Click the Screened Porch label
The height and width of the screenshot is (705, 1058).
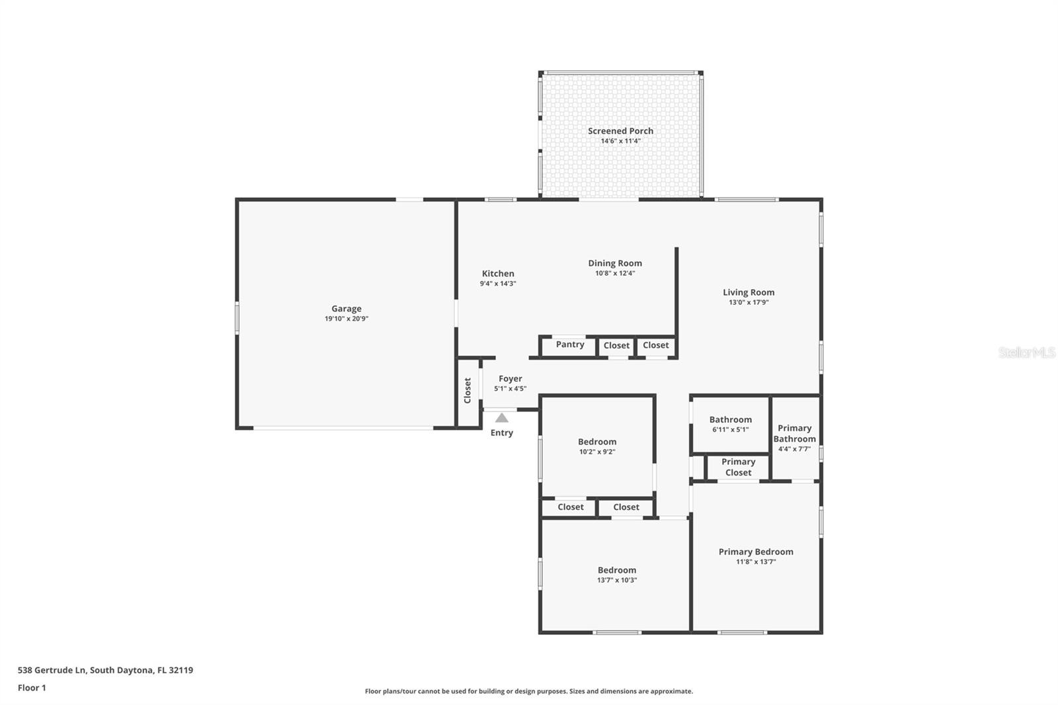tap(620, 131)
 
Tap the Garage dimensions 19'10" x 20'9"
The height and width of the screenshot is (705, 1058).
tap(346, 319)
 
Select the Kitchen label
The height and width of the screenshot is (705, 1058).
tap(498, 274)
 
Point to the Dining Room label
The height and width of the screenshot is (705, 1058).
tap(615, 263)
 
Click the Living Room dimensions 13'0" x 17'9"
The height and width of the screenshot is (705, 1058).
tap(749, 302)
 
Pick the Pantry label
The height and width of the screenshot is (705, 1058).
tap(569, 345)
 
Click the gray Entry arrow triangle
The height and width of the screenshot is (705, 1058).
tap(502, 418)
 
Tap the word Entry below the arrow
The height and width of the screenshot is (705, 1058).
tap(501, 433)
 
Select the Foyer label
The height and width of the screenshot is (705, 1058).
tap(510, 379)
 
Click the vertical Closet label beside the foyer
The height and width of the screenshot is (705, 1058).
tap(468, 390)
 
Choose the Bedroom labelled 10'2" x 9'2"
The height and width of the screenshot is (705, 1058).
tap(597, 442)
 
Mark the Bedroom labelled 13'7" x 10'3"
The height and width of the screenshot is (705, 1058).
tap(616, 570)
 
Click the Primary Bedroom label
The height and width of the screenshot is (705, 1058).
tap(756, 552)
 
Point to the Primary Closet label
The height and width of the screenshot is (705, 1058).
tap(738, 467)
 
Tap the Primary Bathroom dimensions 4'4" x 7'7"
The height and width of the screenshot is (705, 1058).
tap(794, 449)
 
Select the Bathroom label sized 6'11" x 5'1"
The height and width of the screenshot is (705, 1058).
tap(730, 420)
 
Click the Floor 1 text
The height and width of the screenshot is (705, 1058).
tap(32, 688)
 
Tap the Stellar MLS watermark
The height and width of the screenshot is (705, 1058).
tap(1027, 352)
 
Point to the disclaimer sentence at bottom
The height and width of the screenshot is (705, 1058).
tap(529, 691)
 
